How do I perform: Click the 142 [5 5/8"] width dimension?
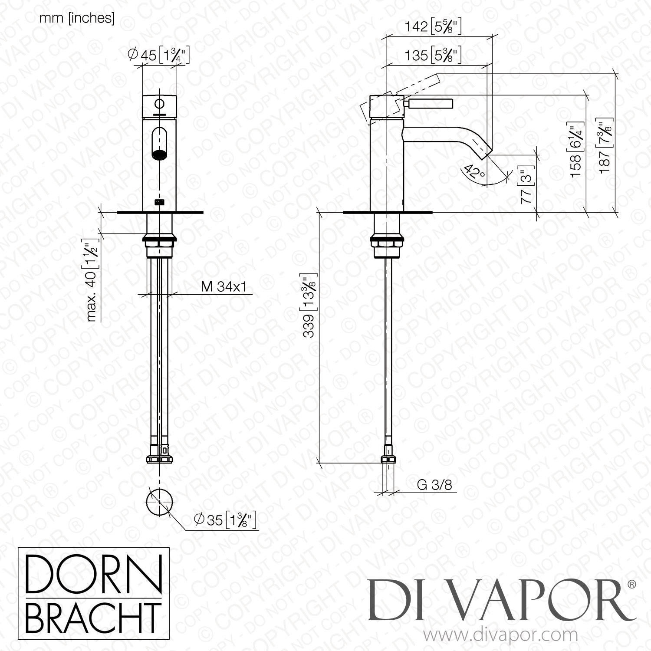tap(433, 27)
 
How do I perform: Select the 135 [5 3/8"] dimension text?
tap(433, 56)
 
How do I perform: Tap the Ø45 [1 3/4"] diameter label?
tap(159, 55)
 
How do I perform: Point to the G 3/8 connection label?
tap(434, 485)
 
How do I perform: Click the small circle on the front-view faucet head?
tap(160, 104)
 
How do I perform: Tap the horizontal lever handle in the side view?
tap(430, 104)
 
